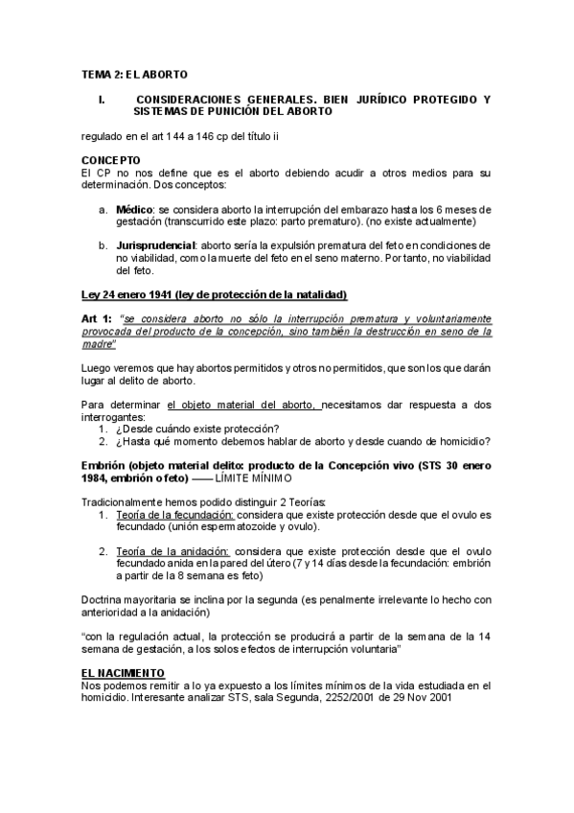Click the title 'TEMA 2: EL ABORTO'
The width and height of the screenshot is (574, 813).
pyautogui.click(x=134, y=74)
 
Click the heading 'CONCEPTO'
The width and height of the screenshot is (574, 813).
pyautogui.click(x=111, y=160)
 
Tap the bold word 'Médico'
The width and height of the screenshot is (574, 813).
pyautogui.click(x=134, y=208)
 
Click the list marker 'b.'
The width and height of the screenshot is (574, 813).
pyautogui.click(x=103, y=245)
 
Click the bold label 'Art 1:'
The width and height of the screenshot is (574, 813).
pyautogui.click(x=97, y=318)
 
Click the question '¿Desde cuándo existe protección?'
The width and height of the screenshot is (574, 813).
pyautogui.click(x=197, y=428)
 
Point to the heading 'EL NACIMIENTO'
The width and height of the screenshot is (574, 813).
pyautogui.click(x=123, y=673)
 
